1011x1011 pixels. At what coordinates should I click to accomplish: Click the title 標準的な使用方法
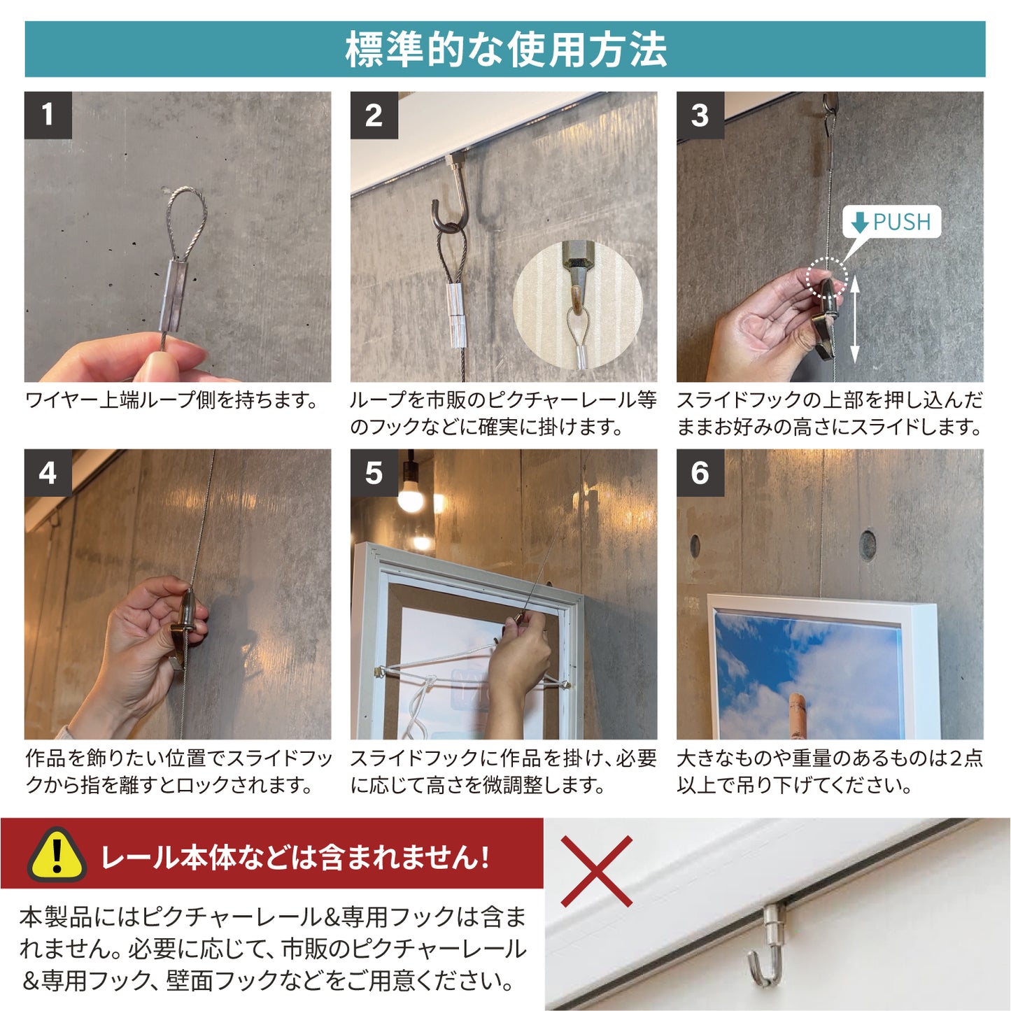click(505, 50)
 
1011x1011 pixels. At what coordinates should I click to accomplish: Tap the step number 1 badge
click(48, 115)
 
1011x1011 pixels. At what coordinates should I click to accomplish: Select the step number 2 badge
click(374, 115)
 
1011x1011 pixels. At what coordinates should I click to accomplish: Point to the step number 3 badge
click(700, 115)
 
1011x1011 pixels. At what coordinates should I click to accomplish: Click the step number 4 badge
click(48, 473)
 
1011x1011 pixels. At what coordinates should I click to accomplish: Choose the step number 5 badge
click(374, 473)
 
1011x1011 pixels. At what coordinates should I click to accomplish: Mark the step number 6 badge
click(700, 473)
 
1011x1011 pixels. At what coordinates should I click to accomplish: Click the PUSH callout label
click(891, 222)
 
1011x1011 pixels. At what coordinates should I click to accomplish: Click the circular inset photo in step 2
click(577, 306)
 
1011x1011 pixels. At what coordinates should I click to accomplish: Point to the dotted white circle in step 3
click(826, 278)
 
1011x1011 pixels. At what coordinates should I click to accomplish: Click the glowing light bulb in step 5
click(411, 497)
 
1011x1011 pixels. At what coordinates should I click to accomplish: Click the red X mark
click(597, 870)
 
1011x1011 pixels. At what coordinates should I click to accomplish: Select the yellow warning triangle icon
click(57, 855)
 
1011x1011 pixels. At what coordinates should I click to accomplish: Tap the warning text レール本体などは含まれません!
click(295, 857)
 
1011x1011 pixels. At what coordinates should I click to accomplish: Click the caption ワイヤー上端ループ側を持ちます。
click(172, 400)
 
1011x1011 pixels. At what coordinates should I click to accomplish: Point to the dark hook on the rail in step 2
click(451, 203)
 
